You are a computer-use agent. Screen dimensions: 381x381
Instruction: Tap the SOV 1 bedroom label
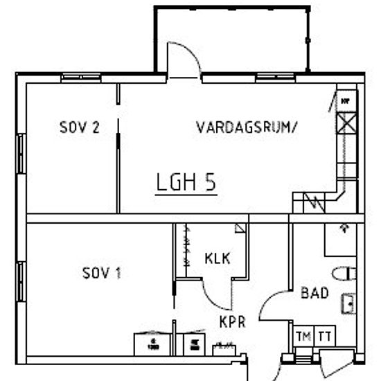(x=102, y=273)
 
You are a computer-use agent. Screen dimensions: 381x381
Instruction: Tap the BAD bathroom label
(x=314, y=293)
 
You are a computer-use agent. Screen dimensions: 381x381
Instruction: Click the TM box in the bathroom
(x=303, y=337)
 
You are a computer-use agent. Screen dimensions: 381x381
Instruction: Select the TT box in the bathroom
(x=324, y=337)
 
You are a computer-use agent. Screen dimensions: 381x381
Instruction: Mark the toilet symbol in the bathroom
(x=345, y=272)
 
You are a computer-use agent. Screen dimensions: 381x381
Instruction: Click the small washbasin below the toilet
(x=348, y=303)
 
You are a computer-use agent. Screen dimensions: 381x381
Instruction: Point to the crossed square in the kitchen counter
(x=345, y=124)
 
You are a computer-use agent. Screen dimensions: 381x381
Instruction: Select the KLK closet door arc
(x=215, y=294)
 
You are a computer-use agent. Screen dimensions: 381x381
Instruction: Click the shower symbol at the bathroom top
(x=344, y=227)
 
